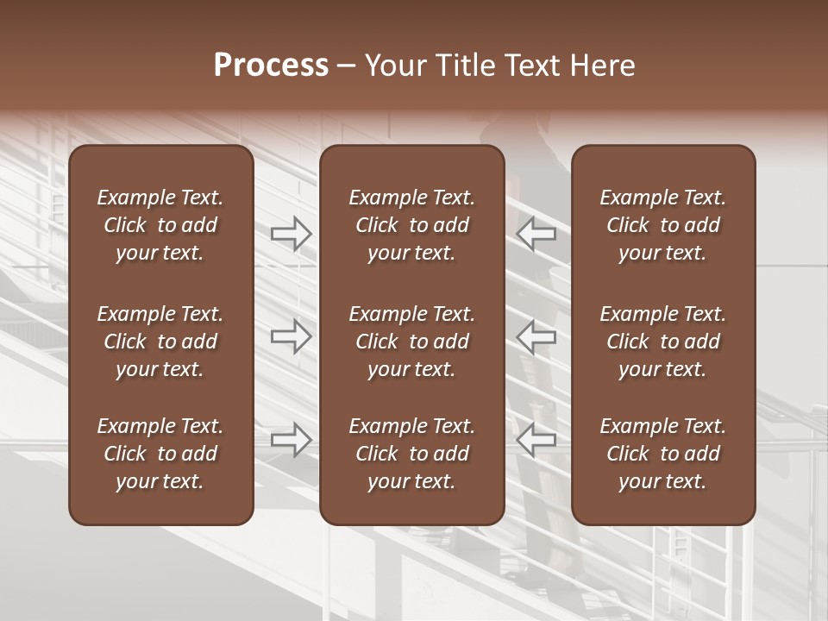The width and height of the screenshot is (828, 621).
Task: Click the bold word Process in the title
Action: (x=271, y=66)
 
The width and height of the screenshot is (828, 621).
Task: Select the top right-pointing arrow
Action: (x=291, y=233)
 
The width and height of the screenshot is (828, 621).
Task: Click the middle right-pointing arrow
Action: (x=291, y=336)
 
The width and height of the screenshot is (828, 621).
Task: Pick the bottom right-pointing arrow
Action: (x=291, y=440)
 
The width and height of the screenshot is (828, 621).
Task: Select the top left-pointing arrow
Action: (x=536, y=233)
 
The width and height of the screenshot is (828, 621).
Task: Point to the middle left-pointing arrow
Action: (x=536, y=336)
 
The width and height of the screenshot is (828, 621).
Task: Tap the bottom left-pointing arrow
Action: (x=536, y=440)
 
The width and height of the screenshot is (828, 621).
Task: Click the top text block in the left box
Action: (x=160, y=225)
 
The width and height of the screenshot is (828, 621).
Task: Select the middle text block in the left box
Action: (x=160, y=342)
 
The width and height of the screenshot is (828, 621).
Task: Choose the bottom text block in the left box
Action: (x=160, y=454)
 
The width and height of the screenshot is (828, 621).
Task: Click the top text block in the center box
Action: (x=411, y=225)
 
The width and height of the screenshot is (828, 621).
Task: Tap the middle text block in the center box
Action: (x=411, y=342)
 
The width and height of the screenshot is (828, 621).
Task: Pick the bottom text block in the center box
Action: (x=411, y=454)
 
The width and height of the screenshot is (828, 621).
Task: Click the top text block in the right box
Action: (x=662, y=225)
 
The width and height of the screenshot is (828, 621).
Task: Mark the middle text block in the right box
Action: (x=662, y=342)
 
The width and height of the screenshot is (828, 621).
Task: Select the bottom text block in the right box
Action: (x=662, y=454)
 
